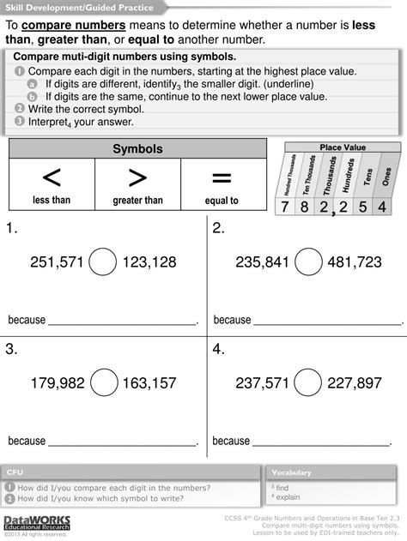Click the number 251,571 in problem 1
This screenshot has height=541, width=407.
56,261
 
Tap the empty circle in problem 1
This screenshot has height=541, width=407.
104,261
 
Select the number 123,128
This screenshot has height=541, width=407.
149,261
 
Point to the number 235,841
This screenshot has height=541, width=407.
258,261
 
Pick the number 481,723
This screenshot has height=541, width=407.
355,261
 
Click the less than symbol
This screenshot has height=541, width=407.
52,178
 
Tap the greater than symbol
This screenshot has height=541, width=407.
137,178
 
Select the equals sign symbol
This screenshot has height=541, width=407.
222,178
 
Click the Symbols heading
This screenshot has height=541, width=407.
137,150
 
